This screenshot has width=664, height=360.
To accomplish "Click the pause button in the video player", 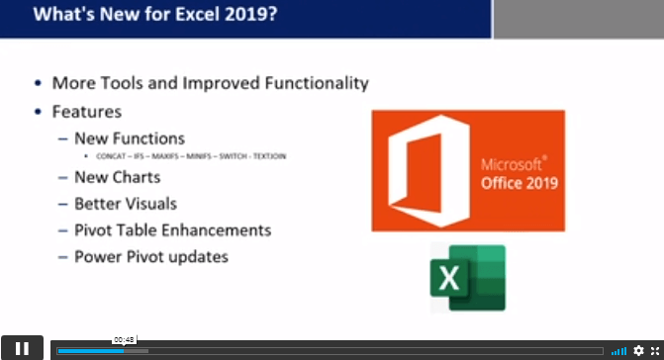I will [x=22, y=348].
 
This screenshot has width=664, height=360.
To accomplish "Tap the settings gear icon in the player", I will [x=638, y=351].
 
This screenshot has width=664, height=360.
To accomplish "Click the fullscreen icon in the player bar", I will [x=653, y=351].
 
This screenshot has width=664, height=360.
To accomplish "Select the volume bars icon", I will [x=618, y=351].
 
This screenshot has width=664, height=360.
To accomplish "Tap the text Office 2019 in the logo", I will [x=520, y=184].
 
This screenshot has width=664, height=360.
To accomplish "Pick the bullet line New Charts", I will [x=117, y=178].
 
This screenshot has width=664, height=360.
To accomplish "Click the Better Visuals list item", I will [x=126, y=204].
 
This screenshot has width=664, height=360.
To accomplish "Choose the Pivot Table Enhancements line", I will [x=172, y=230].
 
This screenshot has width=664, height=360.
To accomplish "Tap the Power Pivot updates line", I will [x=150, y=256].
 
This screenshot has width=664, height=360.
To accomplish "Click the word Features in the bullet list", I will [x=87, y=113].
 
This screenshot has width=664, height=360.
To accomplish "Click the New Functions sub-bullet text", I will [x=129, y=138].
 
